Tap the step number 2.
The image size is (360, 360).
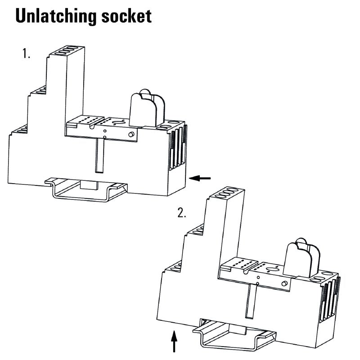coord(181,213)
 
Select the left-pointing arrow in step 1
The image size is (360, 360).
coord(200,179)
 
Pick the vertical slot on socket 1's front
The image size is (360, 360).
coord(99,155)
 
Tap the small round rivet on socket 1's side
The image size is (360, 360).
coord(131,135)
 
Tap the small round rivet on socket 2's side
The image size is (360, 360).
coord(284,283)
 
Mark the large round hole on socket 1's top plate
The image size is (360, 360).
coord(119,122)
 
